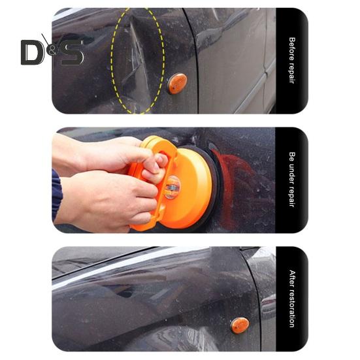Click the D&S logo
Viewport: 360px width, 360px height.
(x=52, y=52)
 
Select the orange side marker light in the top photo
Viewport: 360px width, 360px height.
(x=176, y=83)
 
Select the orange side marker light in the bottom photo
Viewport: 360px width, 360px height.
(x=240, y=325)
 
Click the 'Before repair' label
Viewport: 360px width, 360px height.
(x=291, y=60)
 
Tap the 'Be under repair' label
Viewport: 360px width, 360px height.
(x=291, y=179)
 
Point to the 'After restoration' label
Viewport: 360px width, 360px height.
(x=291, y=298)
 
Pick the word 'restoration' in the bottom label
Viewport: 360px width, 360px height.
(x=291, y=308)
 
